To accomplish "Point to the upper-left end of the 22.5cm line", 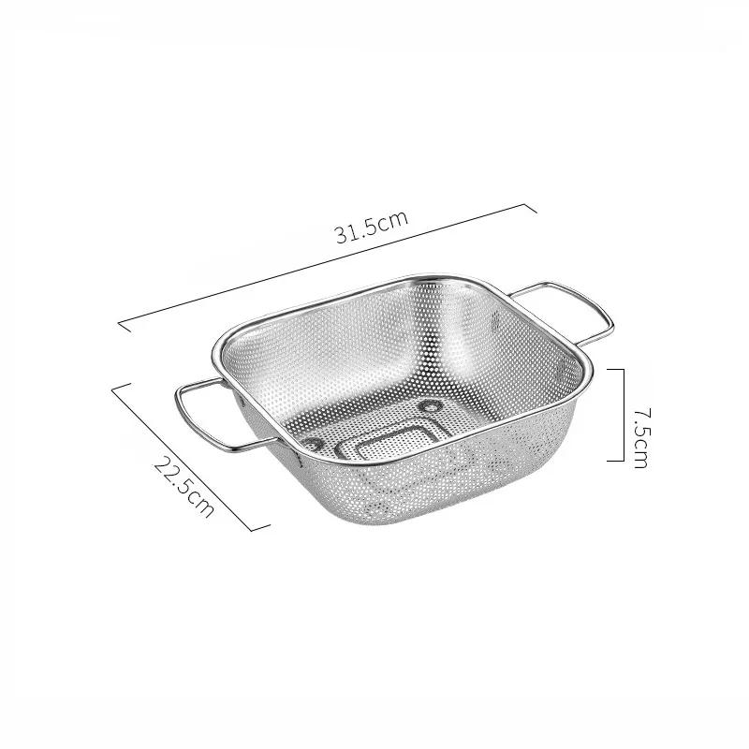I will point(113,386).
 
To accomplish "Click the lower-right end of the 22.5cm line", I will point(254,530).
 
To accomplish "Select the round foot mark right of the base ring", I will point(432,406).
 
